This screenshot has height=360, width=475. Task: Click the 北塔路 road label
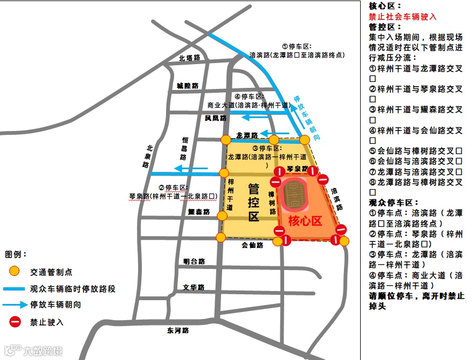tap(189, 58)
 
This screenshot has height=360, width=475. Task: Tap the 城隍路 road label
tap(187, 86)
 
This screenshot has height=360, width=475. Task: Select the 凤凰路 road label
tap(215, 117)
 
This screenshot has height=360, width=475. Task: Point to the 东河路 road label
tap(178, 330)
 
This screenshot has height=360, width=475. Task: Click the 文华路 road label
tap(194, 287)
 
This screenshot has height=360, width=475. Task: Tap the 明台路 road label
tap(194, 261)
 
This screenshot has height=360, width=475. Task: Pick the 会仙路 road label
tap(252, 245)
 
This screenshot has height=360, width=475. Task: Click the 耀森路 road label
tap(198, 212)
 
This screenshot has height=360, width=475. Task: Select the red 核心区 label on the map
tap(305, 220)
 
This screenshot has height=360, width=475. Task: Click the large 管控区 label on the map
tap(253, 202)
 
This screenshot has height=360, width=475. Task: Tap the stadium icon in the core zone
tap(295, 194)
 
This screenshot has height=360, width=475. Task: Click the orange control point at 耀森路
tap(222, 216)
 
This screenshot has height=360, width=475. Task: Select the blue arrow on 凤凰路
tap(249, 116)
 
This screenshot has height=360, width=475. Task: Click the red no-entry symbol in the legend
tap(15, 322)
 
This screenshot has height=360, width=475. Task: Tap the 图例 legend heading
tap(16, 254)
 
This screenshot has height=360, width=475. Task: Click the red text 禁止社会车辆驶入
tap(402, 17)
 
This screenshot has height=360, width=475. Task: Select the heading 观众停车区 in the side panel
tap(394, 202)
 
